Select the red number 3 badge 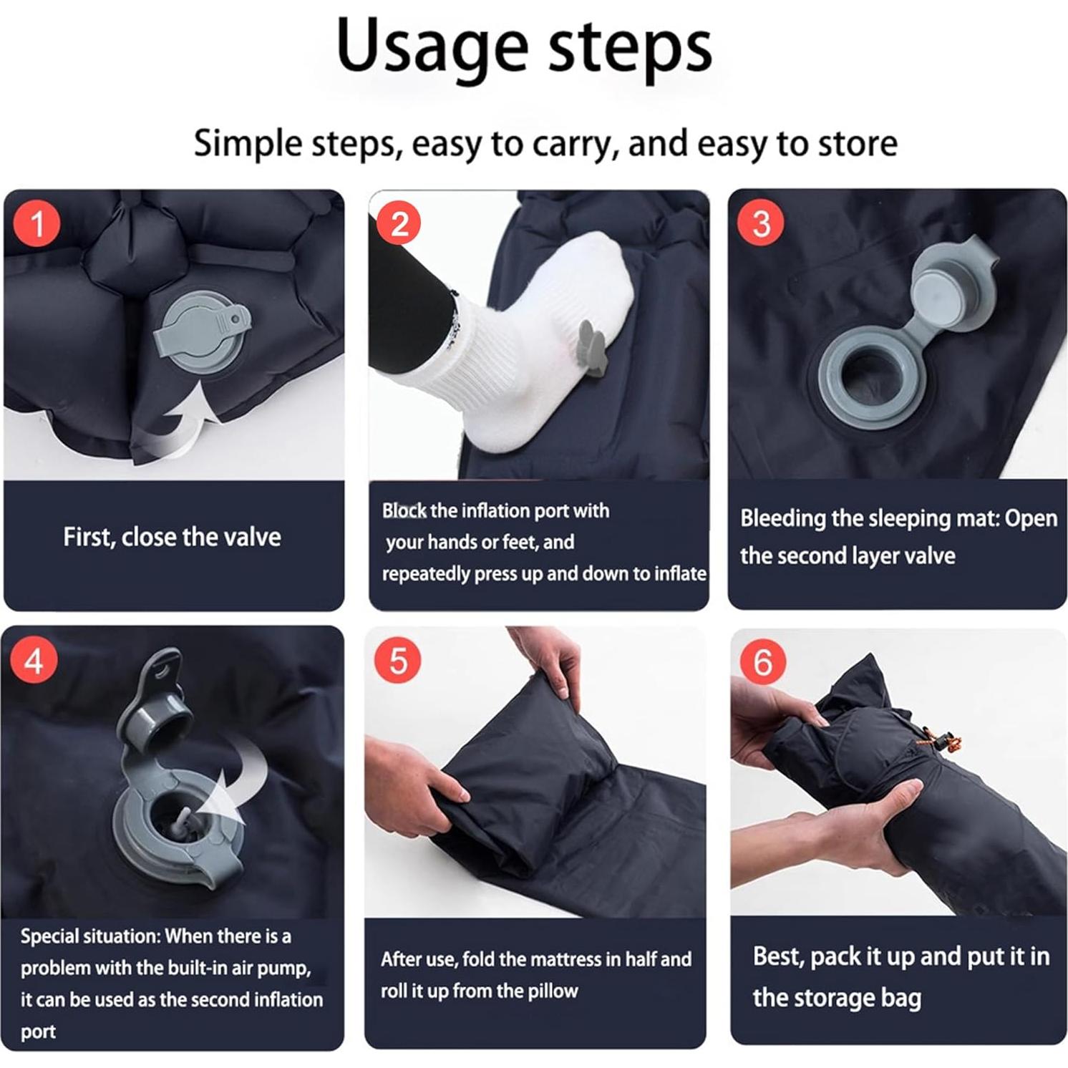click(761, 223)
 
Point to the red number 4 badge click(34, 661)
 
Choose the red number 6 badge click(762, 661)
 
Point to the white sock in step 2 click(530, 344)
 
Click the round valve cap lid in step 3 click(949, 292)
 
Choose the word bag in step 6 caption click(900, 998)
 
